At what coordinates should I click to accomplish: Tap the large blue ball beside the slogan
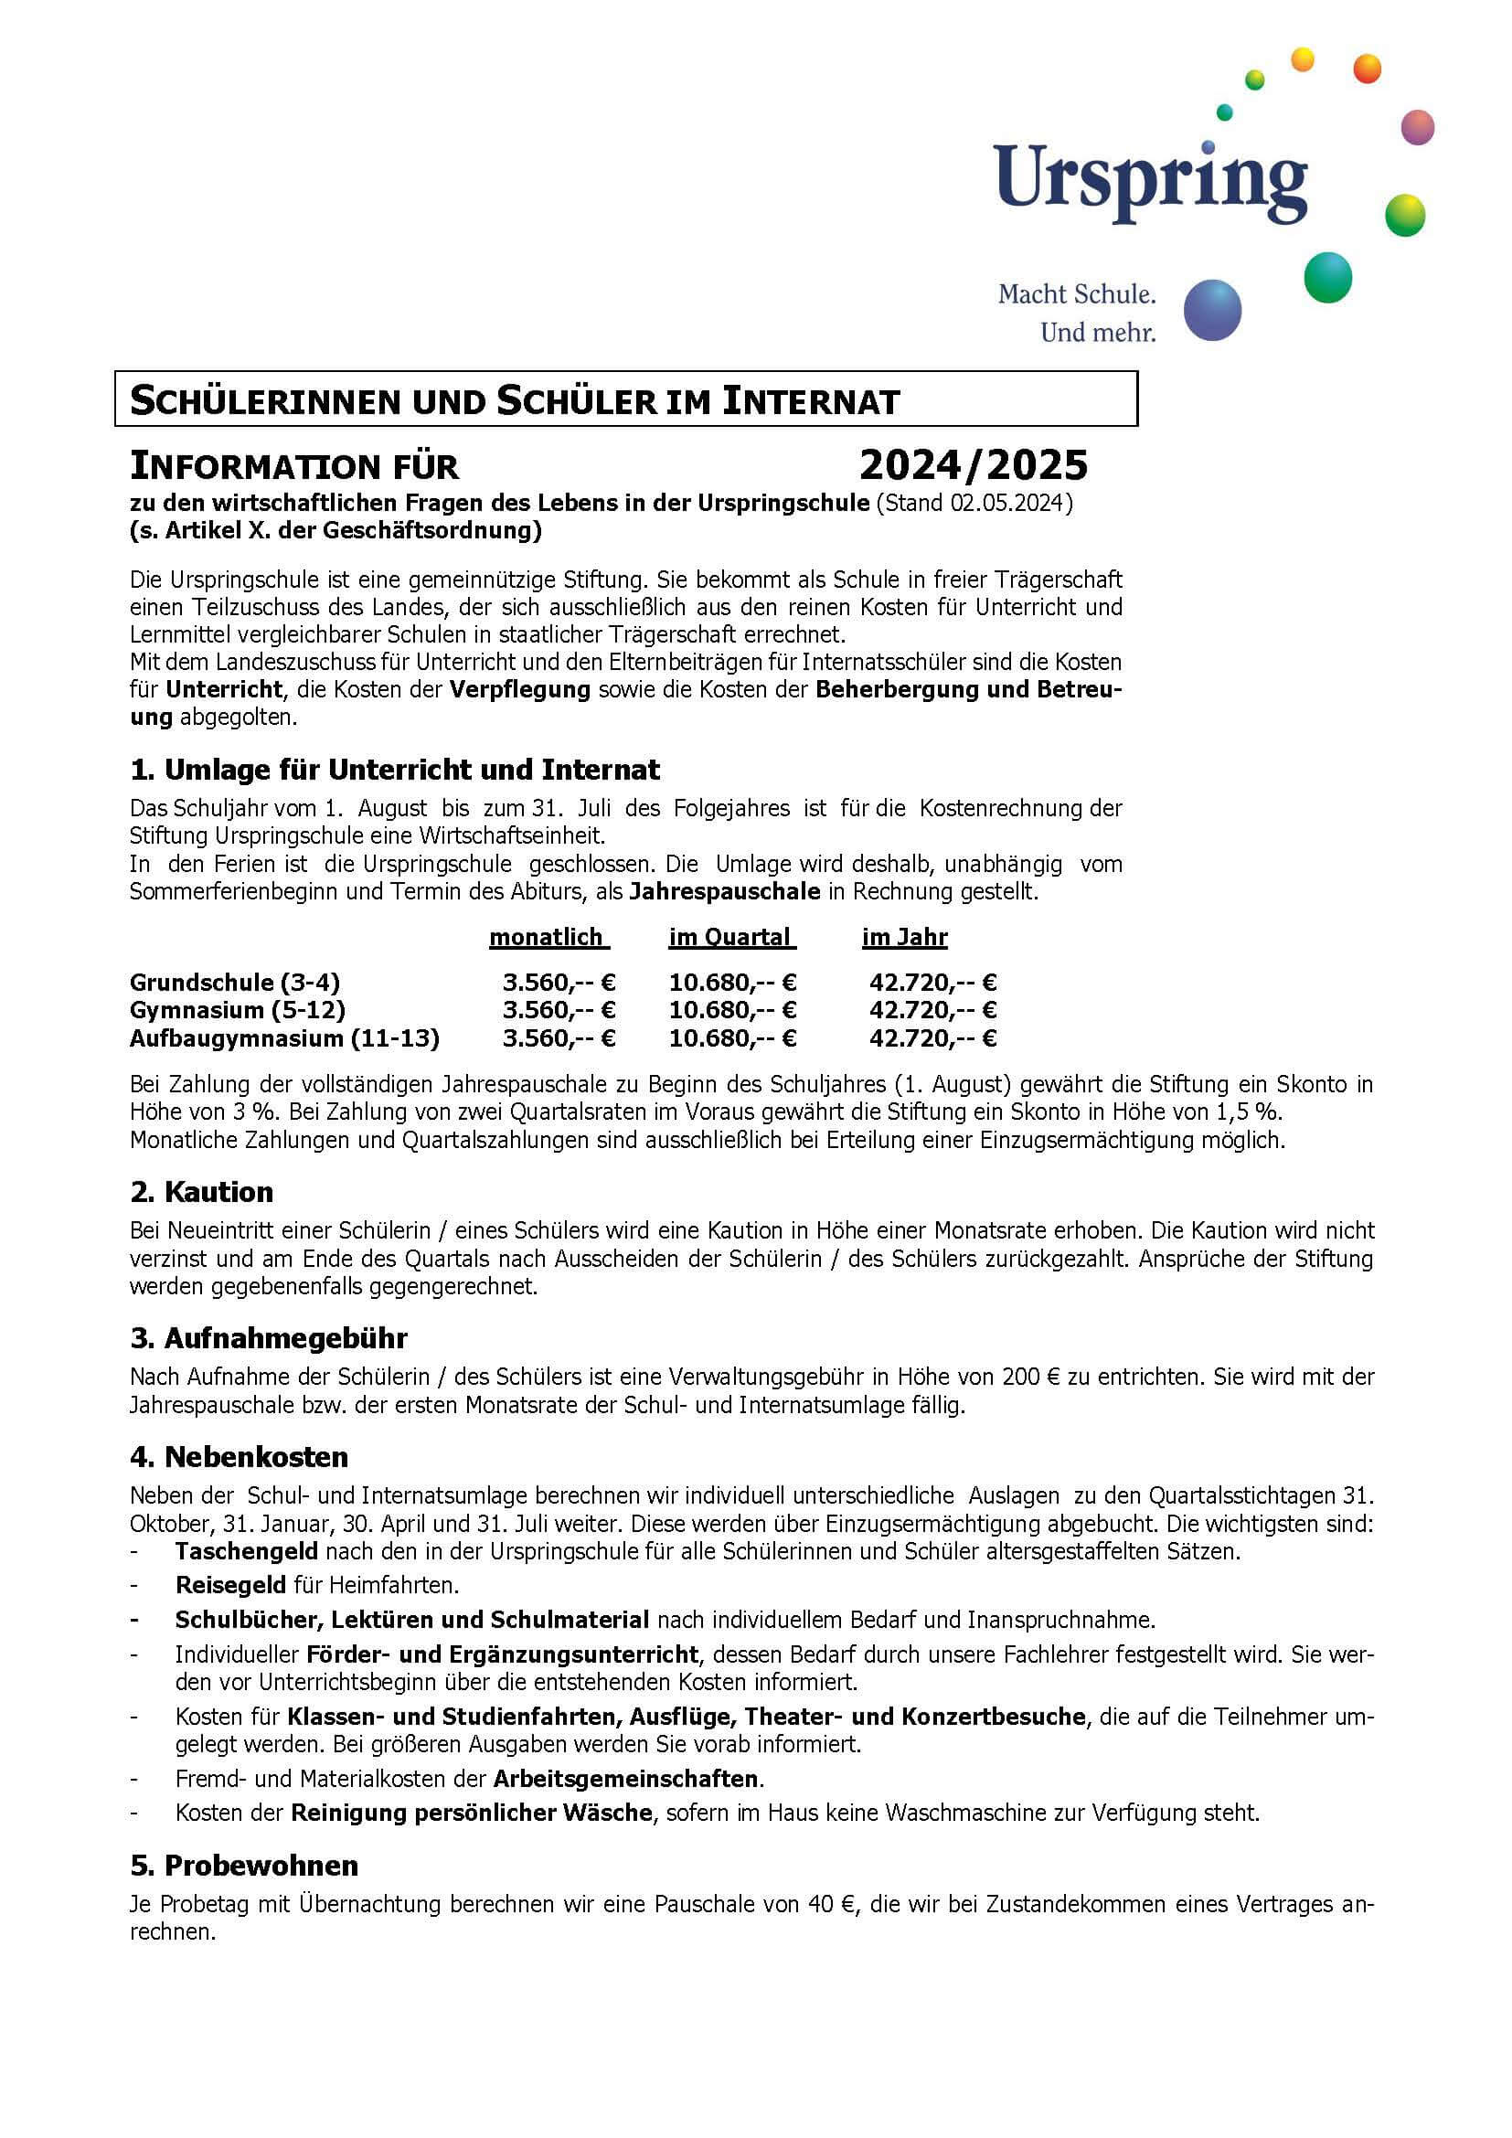[x=1212, y=310]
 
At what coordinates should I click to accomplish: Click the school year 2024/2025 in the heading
[x=973, y=464]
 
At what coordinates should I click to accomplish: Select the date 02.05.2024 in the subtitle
[x=1007, y=504]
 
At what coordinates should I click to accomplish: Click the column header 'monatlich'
[x=548, y=937]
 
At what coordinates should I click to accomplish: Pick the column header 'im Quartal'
[x=731, y=937]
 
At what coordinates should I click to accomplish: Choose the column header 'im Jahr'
[x=904, y=937]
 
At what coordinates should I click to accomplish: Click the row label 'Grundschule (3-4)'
[x=235, y=983]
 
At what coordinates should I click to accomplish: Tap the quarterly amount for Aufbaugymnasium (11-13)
[x=732, y=1038]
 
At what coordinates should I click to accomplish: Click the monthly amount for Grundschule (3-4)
[x=559, y=983]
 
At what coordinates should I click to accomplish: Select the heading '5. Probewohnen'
[x=244, y=1866]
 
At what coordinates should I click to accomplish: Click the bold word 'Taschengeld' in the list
[x=247, y=1551]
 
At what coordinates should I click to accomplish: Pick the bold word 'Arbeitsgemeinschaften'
[x=625, y=1779]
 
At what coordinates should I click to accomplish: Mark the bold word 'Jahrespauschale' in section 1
[x=724, y=892]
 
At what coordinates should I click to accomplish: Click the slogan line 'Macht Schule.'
[x=1076, y=294]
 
